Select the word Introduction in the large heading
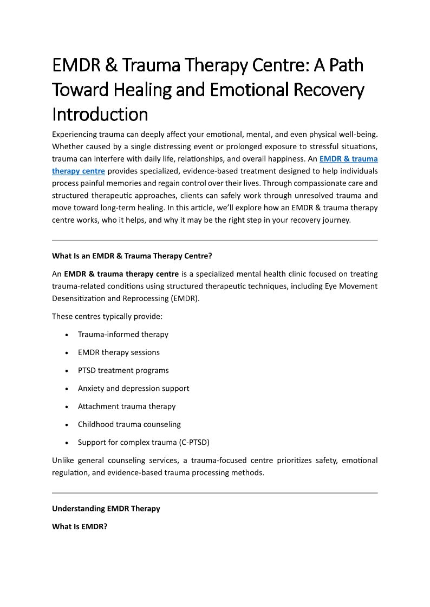[100, 114]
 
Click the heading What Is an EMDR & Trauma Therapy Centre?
[135, 256]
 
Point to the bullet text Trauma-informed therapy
[123, 335]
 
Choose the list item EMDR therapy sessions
[119, 352]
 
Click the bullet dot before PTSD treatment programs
[66, 371]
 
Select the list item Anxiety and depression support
[133, 388]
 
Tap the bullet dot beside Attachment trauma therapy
[66, 406]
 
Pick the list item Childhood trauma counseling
[129, 424]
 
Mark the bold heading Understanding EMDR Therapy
[106, 509]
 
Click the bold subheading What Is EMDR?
[80, 526]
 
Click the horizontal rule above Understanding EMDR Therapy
[214, 493]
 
